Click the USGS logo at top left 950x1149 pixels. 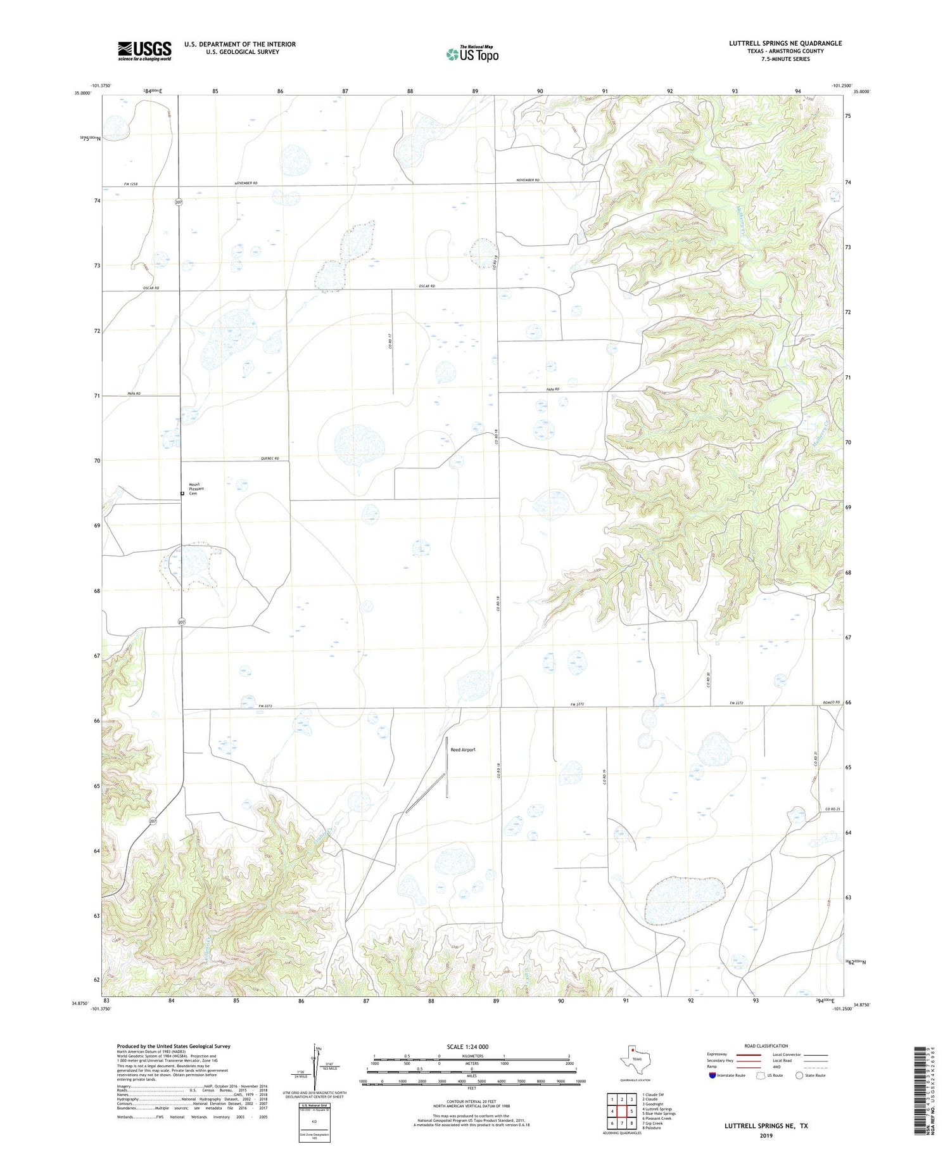coord(144,51)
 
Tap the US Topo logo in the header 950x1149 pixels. coord(472,54)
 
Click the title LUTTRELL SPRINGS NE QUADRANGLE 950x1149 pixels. coord(785,43)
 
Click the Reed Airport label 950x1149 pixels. coord(462,750)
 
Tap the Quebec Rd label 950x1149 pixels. coord(269,459)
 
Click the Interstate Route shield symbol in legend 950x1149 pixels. coord(712,1075)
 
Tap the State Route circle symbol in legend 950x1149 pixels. coord(799,1075)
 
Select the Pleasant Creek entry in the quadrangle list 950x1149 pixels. coord(656,1118)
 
